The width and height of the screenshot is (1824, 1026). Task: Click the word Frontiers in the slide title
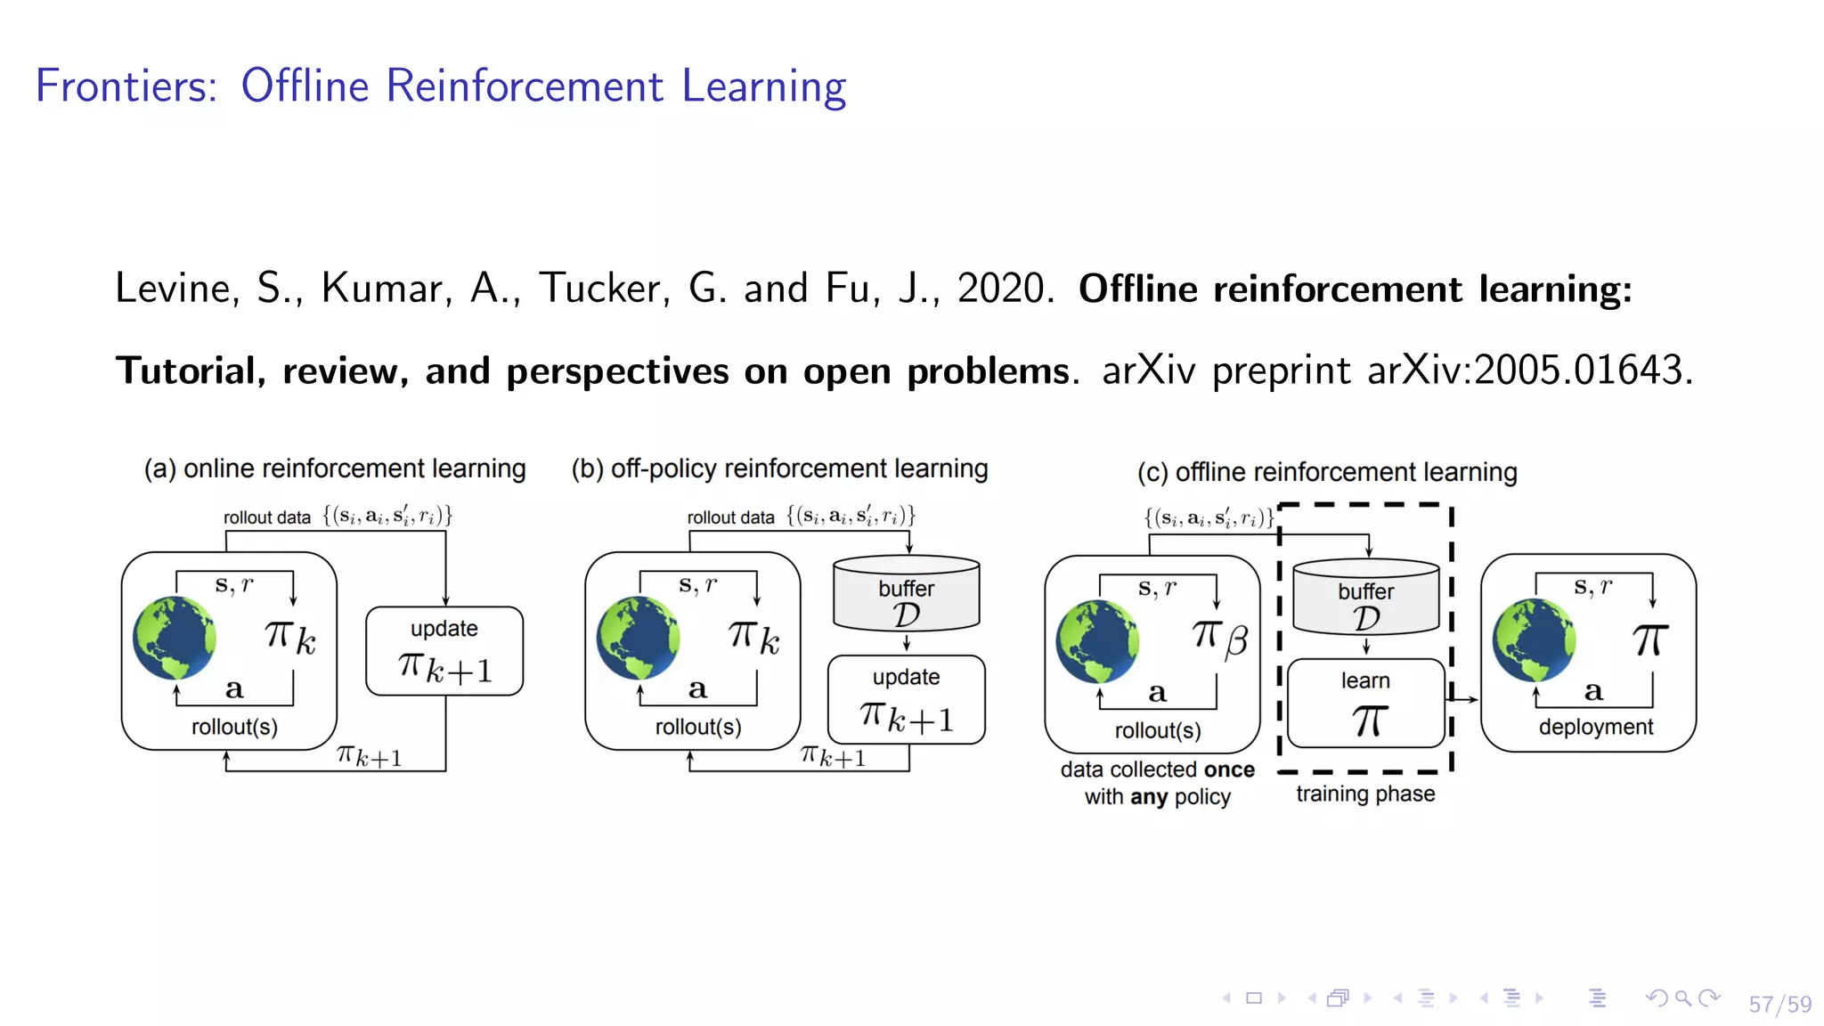point(126,86)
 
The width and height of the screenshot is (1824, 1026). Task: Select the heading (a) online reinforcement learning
point(335,468)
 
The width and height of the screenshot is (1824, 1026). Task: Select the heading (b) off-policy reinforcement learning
point(779,468)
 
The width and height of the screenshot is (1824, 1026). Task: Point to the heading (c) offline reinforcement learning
point(1327,472)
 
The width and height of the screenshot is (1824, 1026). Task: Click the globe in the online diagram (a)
point(175,638)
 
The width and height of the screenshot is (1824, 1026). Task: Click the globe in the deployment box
point(1534,639)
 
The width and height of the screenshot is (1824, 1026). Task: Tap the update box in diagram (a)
point(444,651)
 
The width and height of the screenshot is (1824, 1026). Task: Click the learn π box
point(1365,704)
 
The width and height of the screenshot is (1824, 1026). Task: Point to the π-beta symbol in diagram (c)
point(1220,638)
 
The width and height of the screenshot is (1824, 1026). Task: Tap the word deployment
point(1595,727)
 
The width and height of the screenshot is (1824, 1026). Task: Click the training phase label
point(1365,794)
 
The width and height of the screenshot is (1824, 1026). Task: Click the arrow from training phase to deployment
point(1464,699)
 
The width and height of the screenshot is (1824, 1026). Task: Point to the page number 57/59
point(1779,1005)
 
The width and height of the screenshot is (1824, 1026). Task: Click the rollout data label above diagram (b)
point(730,517)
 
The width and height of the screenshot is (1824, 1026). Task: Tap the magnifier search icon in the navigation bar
point(1682,998)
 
